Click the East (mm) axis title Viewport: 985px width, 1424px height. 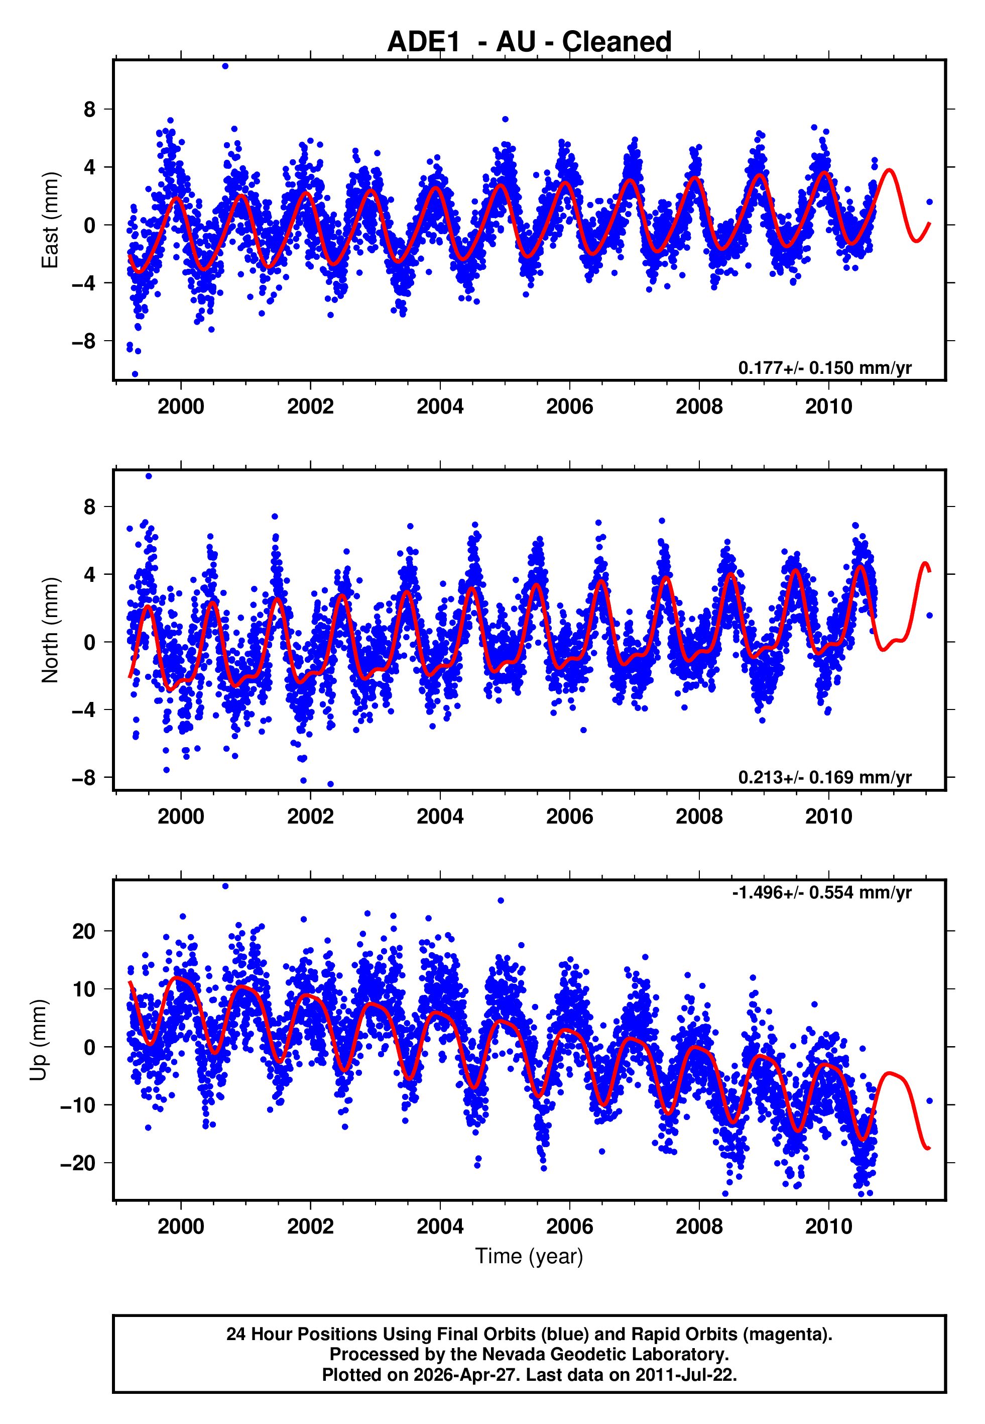[49, 221]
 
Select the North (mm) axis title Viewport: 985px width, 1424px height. [49, 630]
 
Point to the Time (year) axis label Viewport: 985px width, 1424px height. [529, 1257]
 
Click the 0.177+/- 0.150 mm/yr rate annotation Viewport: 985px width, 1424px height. [824, 368]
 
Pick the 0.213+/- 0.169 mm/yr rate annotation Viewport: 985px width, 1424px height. [824, 777]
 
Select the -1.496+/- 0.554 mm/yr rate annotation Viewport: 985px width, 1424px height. [821, 893]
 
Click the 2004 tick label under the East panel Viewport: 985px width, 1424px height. [440, 407]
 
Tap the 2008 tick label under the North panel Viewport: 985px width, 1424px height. [699, 817]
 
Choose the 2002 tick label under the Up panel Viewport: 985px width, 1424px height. [310, 1227]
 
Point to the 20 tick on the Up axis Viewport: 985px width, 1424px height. [84, 931]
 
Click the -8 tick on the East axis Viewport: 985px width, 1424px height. [84, 341]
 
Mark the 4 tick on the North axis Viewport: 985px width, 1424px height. [90, 574]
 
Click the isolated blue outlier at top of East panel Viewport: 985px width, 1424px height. [225, 66]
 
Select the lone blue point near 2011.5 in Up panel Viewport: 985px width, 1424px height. [929, 1101]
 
